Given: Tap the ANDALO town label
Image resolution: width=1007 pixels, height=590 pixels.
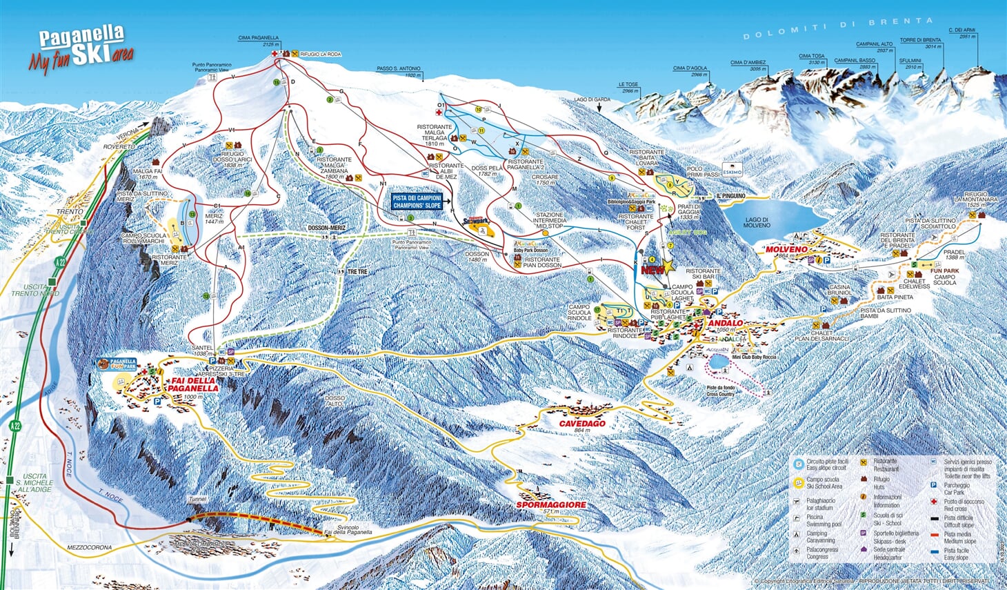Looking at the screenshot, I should (x=725, y=323).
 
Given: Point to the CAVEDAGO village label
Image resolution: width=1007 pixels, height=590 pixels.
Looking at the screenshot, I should (x=581, y=423).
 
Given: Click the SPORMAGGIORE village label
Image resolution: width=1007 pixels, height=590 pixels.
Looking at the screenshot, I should (x=550, y=504).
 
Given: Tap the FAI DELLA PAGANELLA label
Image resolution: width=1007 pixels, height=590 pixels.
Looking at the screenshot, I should (x=195, y=384).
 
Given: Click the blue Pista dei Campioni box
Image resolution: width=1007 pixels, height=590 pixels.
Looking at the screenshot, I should (x=417, y=201).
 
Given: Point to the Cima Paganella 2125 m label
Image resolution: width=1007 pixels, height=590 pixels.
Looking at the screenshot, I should (x=257, y=41).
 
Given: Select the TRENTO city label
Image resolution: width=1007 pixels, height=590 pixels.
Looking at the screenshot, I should (x=70, y=211).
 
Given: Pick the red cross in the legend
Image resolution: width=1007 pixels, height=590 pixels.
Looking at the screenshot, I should (x=934, y=502).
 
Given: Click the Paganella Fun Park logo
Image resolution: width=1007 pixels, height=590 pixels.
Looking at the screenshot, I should (x=117, y=364).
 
